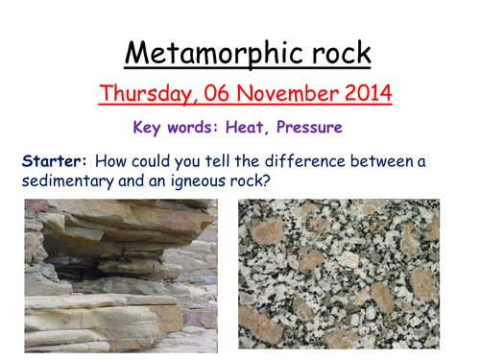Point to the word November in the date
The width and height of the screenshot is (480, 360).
[277, 94]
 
